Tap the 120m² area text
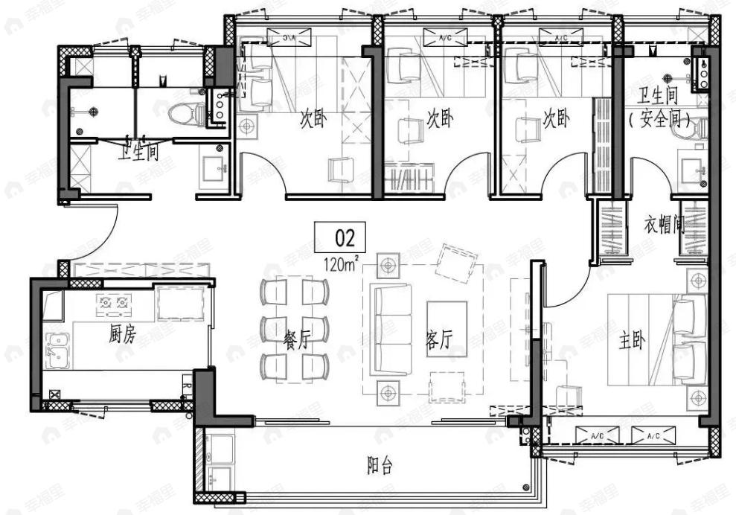pyautogui.click(x=342, y=263)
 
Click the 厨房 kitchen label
pyautogui.click(x=122, y=335)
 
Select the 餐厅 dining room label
pyautogui.click(x=296, y=341)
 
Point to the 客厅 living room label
pyautogui.click(x=441, y=341)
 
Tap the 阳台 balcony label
pyautogui.click(x=380, y=467)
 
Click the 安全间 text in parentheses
pyautogui.click(x=660, y=118)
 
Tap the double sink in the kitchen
pyautogui.click(x=57, y=347)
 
